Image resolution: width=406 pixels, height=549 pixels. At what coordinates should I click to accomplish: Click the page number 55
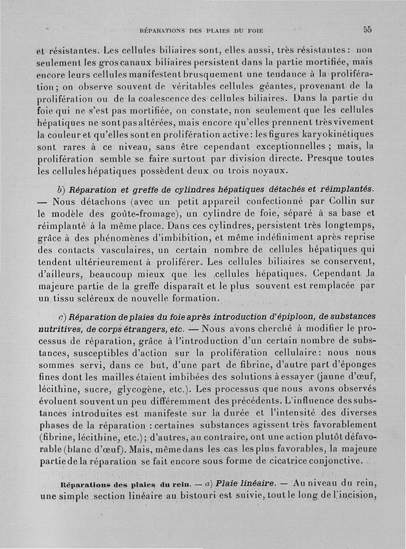click(367, 29)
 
